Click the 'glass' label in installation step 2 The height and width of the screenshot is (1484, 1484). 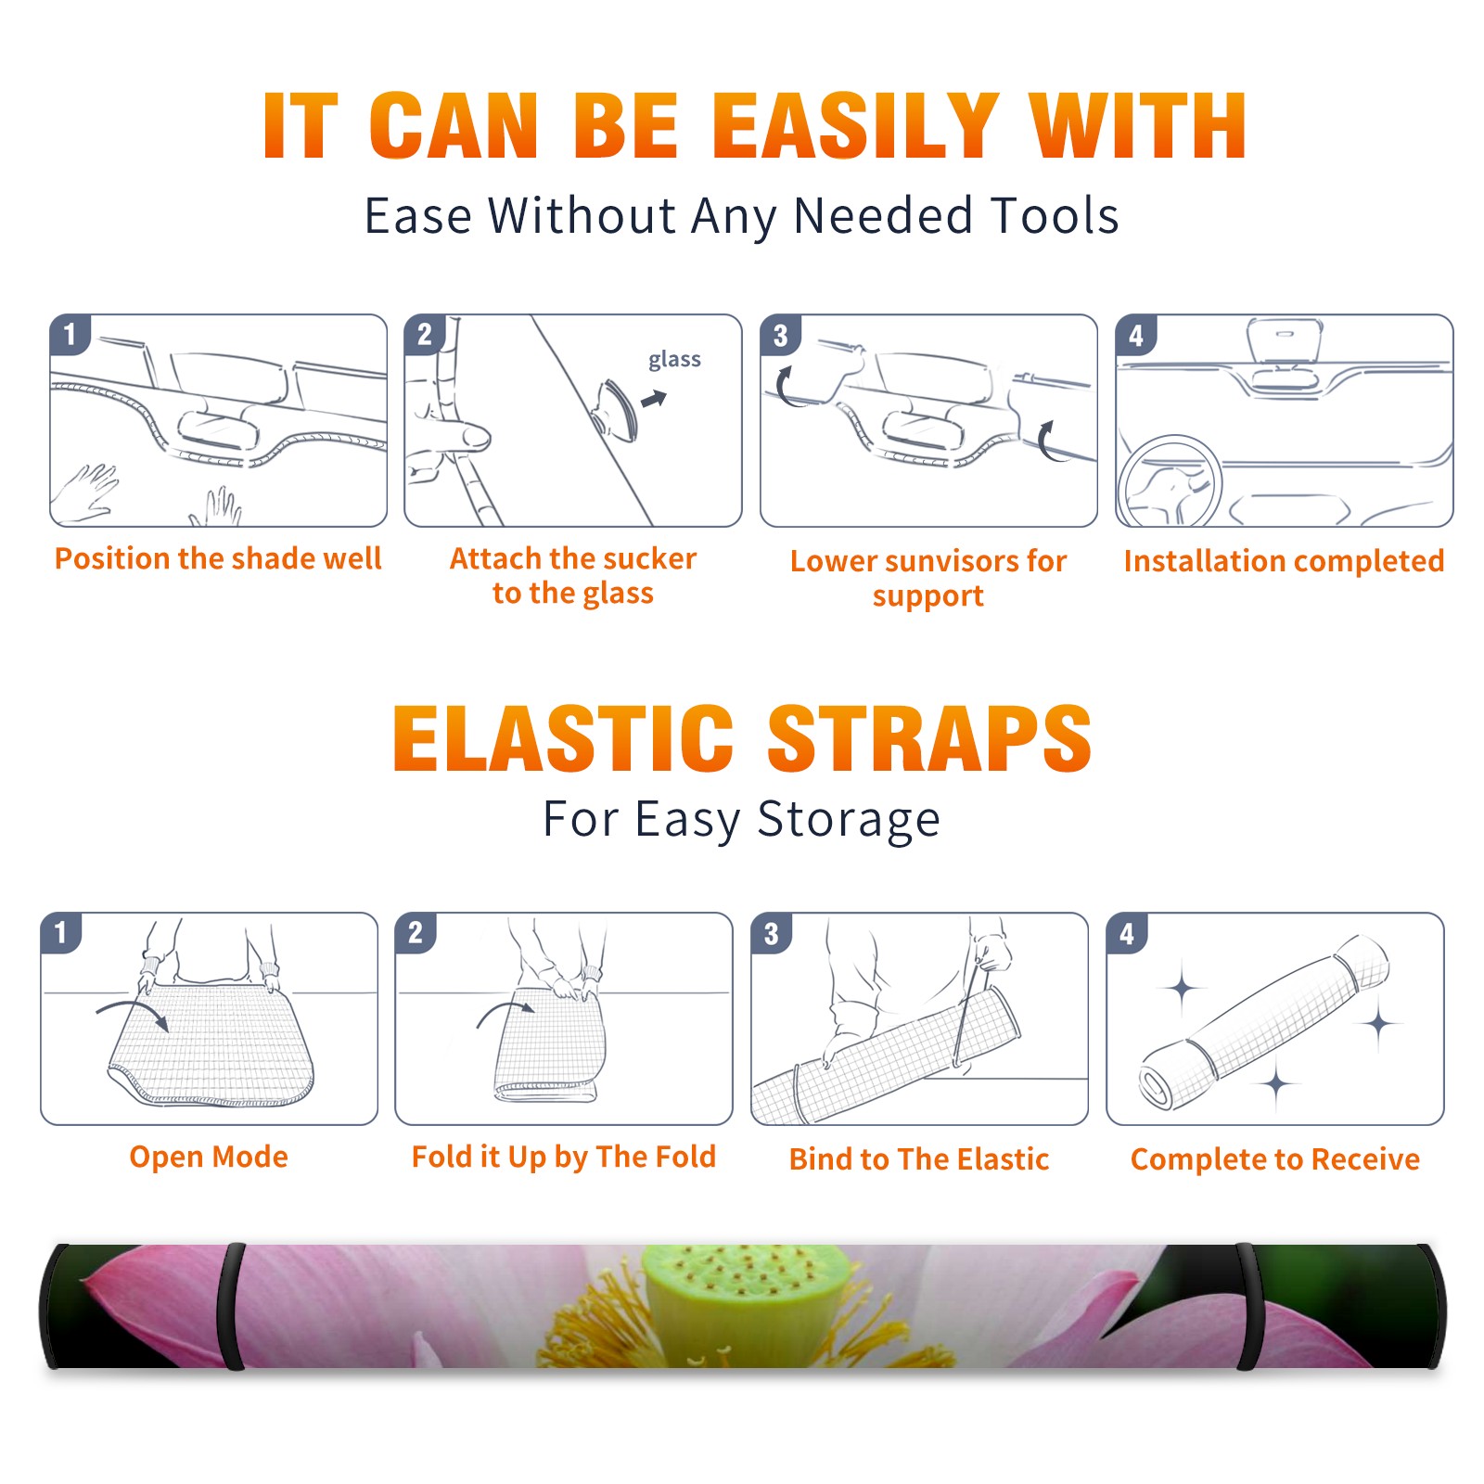pyautogui.click(x=674, y=360)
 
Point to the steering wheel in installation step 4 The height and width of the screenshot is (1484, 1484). pyautogui.click(x=1170, y=482)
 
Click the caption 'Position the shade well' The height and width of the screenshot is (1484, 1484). pyautogui.click(x=218, y=558)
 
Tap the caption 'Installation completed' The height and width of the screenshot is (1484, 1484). pyautogui.click(x=1284, y=561)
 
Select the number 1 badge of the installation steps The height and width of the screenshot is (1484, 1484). pyautogui.click(x=70, y=334)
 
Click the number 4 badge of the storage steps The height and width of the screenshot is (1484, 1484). pyautogui.click(x=1127, y=933)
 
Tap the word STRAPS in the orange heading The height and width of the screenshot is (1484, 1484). pyautogui.click(x=929, y=738)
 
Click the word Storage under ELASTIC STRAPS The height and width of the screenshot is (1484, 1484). pyautogui.click(x=849, y=820)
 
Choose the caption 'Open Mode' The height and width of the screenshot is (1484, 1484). pyautogui.click(x=209, y=1157)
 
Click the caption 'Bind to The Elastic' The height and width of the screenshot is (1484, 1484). pyautogui.click(x=919, y=1159)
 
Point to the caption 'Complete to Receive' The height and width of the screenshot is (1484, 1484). pyautogui.click(x=1275, y=1159)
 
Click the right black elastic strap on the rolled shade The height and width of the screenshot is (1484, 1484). pyautogui.click(x=1248, y=1306)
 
